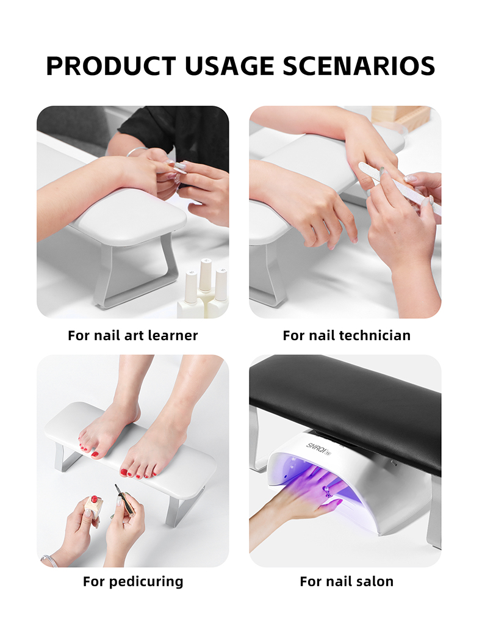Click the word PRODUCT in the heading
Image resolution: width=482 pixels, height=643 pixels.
[x=110, y=65]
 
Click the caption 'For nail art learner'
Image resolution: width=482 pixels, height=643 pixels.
[x=133, y=335]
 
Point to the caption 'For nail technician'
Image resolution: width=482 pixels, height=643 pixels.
[x=347, y=335]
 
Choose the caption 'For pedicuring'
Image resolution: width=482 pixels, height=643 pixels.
[x=133, y=581]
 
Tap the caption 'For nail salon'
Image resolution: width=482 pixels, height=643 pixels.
[x=347, y=581]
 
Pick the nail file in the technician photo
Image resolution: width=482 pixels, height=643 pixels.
[x=400, y=188]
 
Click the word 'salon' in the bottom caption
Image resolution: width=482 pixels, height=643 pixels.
[x=375, y=581]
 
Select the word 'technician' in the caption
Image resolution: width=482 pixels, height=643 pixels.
[x=373, y=335]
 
